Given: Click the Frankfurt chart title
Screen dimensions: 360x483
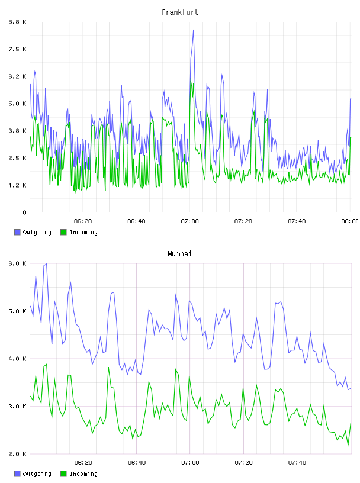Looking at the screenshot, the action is (x=180, y=12).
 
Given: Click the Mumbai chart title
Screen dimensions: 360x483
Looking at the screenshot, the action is (x=179, y=254).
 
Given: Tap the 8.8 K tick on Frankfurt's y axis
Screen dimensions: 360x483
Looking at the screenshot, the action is (x=17, y=22).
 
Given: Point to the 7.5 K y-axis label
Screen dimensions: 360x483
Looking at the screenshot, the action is (x=17, y=49).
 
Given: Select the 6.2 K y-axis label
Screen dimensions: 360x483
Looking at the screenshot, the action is (x=17, y=76).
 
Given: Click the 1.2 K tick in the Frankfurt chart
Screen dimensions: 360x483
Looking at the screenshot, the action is (x=17, y=185).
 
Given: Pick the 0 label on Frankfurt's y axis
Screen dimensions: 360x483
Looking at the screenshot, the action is (x=24, y=212).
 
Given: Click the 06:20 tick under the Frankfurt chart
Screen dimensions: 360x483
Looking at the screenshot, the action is (x=83, y=221).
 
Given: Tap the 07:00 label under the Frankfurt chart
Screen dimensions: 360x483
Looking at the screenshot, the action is (x=190, y=221).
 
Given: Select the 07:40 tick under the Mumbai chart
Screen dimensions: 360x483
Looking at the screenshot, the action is (x=297, y=463).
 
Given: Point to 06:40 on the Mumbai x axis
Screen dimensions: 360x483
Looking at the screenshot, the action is (x=137, y=463).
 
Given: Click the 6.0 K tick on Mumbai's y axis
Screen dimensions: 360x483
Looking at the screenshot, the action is (x=17, y=263).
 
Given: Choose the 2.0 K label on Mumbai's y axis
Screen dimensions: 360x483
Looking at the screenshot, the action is (x=17, y=454).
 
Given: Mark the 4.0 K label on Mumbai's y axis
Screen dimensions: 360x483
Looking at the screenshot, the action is (x=17, y=359).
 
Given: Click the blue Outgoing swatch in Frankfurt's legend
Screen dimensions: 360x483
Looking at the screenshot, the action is (x=17, y=232).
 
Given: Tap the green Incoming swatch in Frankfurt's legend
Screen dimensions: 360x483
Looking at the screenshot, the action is (x=63, y=232).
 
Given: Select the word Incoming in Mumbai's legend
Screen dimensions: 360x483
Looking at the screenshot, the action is (x=83, y=474).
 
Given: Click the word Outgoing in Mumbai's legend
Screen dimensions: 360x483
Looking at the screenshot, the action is (x=37, y=474).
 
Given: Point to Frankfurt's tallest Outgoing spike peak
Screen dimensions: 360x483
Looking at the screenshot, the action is (x=194, y=30).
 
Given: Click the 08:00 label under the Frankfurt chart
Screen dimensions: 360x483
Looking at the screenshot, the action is (x=350, y=221).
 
